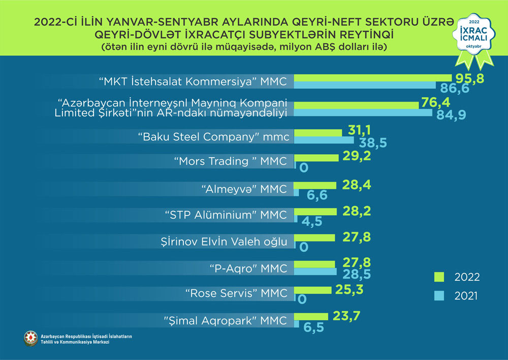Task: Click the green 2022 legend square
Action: pos(439,277)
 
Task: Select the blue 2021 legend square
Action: pos(439,295)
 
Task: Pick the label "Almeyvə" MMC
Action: pos(244,190)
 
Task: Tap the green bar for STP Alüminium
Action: pos(315,211)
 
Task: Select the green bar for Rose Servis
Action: pos(313,290)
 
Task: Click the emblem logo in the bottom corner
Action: pos(30,339)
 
